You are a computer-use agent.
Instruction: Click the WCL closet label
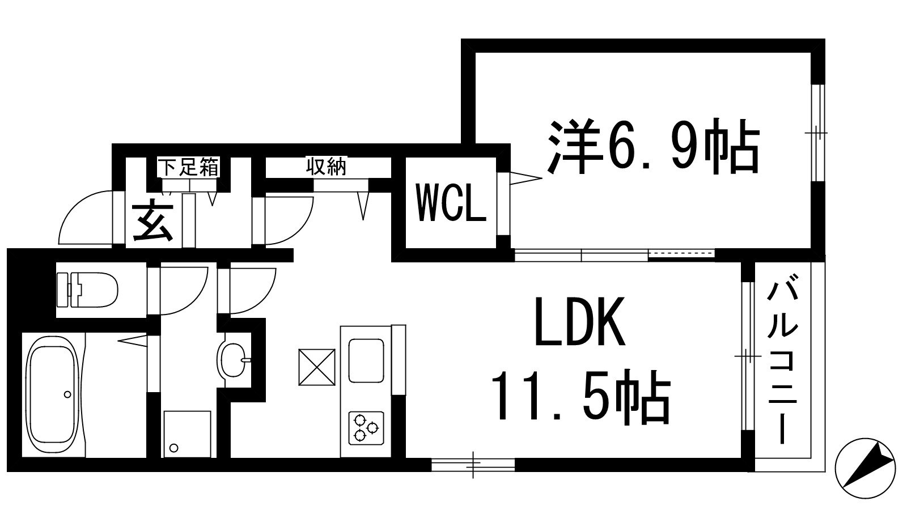pos(451,203)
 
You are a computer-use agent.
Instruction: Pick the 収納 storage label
pos(327,167)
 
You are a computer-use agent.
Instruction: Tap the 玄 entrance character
pos(152,222)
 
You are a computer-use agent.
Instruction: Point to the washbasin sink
pos(232,359)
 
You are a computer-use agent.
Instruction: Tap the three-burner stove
pos(365,427)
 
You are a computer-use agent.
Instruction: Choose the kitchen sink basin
pos(366,360)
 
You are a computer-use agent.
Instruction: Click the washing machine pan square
pos(187,433)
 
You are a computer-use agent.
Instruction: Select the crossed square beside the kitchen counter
pos(316,367)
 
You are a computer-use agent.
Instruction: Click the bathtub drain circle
pos(68,394)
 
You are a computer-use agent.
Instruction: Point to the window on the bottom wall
pos(473,465)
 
